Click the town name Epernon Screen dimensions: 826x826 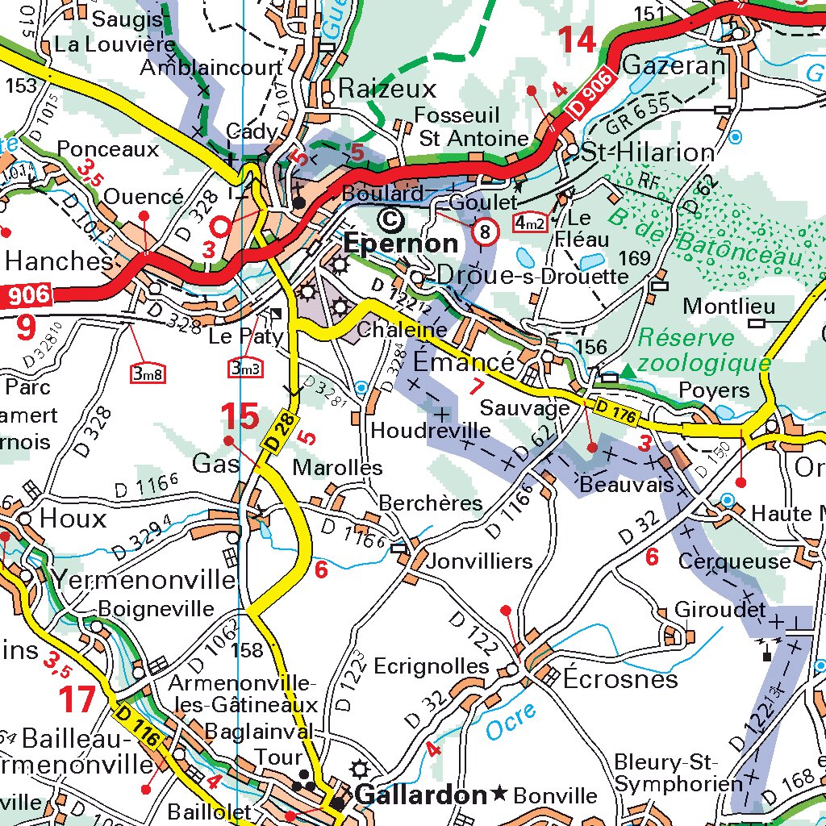pos(401,243)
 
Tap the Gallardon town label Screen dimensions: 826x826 pos(420,795)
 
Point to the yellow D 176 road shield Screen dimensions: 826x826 pos(618,411)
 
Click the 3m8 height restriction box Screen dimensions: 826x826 pos(148,373)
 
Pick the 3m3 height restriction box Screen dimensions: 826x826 pos(245,368)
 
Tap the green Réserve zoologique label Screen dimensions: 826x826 pos(704,350)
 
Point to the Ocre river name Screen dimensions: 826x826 pos(510,722)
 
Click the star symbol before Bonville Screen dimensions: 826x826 pos(500,795)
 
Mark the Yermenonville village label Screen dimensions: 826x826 pos(145,578)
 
